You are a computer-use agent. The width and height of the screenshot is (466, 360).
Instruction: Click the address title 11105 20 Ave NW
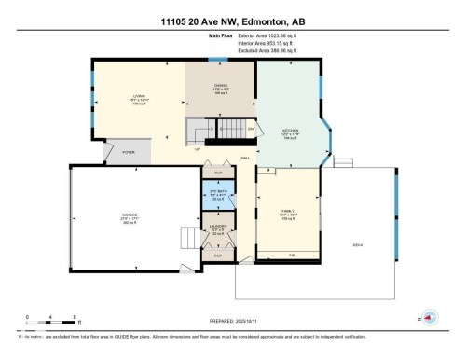click(232, 21)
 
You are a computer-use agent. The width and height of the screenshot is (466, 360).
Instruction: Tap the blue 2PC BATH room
click(220, 196)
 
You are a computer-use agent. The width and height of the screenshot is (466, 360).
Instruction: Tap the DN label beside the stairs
click(250, 127)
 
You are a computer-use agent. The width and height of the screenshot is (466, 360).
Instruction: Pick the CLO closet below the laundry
click(219, 255)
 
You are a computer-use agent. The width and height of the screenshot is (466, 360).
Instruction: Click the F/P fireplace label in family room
click(292, 255)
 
